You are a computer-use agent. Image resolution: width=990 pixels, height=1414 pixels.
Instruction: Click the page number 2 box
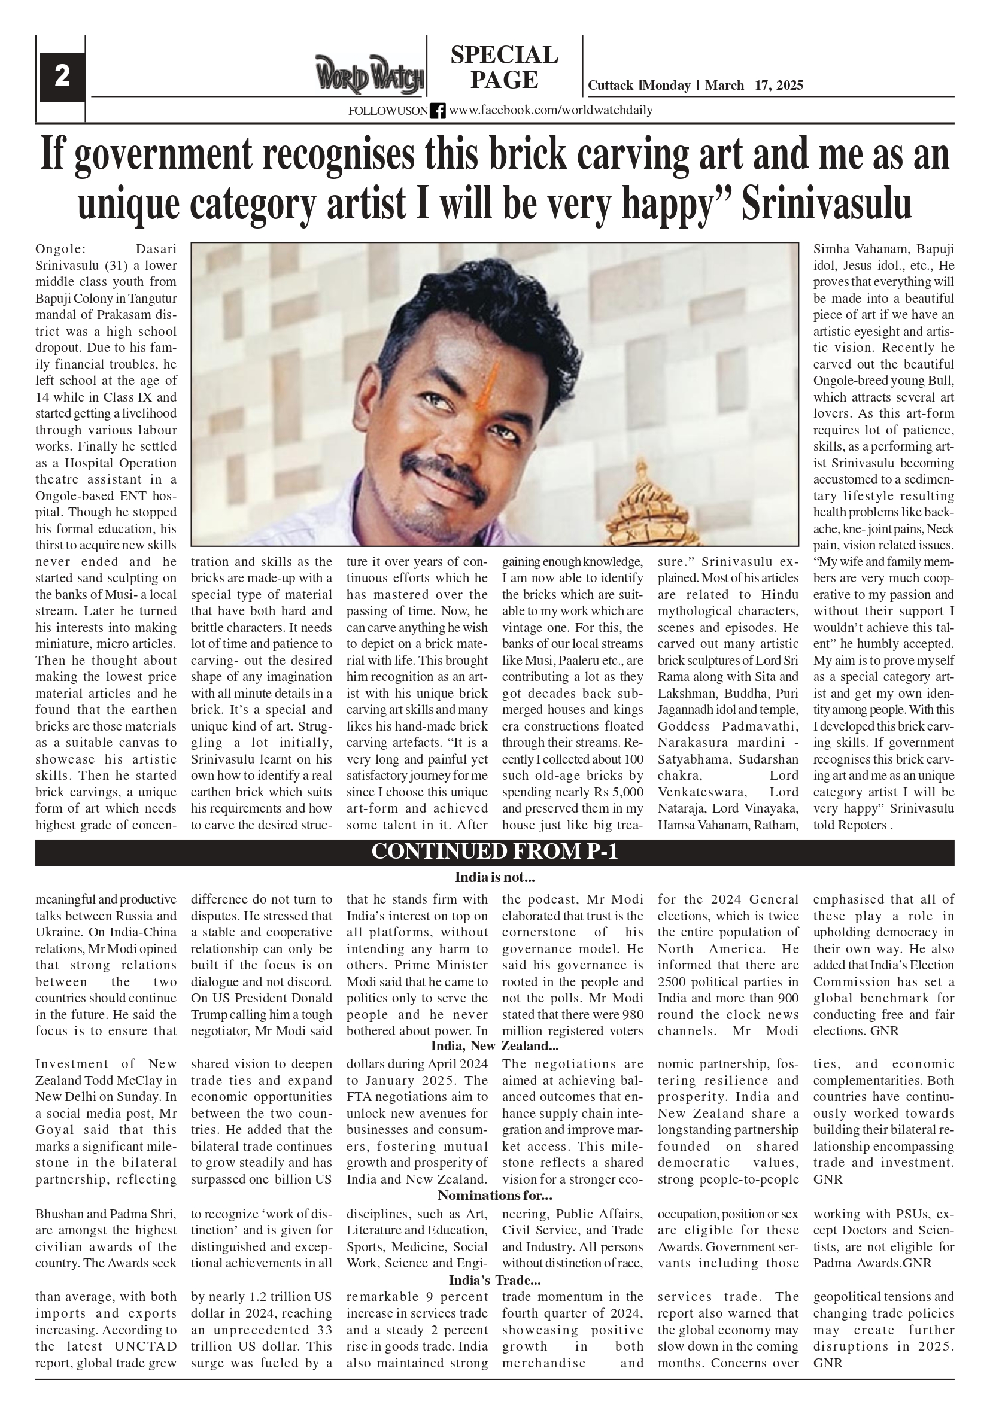click(x=62, y=78)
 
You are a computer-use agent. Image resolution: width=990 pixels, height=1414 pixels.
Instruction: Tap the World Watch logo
click(x=370, y=75)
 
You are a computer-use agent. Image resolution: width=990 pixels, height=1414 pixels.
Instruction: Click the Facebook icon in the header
click(x=438, y=111)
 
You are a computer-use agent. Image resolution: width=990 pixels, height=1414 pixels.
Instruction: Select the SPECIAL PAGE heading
click(x=504, y=67)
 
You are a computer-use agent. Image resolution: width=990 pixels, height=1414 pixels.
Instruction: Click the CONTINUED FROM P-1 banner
click(x=494, y=852)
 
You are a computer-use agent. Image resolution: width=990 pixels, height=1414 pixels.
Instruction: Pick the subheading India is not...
click(x=494, y=878)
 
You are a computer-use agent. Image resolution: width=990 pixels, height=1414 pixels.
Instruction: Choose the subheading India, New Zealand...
click(x=494, y=1046)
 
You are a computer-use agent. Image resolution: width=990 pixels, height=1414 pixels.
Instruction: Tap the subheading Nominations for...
click(x=494, y=1196)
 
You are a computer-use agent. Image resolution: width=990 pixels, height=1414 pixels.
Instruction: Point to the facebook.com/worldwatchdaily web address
click(x=551, y=110)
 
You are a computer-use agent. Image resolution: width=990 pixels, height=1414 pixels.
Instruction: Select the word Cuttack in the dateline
click(x=610, y=86)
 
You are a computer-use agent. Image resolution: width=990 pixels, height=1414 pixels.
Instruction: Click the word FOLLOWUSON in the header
click(x=387, y=111)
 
